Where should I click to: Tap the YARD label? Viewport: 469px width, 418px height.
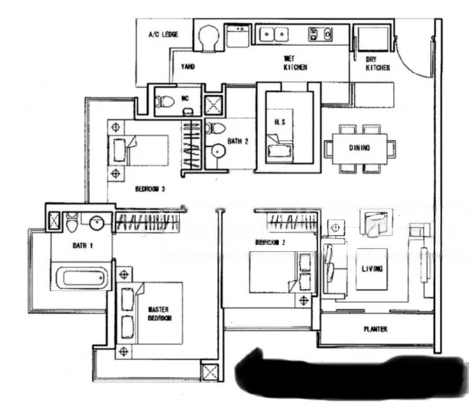click(188, 67)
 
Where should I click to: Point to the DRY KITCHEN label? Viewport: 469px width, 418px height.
click(378, 63)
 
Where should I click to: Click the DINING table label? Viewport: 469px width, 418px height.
click(360, 148)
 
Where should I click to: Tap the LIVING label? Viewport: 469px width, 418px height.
click(371, 267)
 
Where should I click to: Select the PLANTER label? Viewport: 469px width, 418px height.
click(375, 329)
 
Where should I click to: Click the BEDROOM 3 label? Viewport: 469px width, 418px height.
click(150, 188)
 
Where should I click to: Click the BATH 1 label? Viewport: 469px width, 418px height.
click(82, 245)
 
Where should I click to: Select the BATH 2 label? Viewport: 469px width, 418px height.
click(238, 141)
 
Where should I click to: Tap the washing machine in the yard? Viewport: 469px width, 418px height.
click(207, 38)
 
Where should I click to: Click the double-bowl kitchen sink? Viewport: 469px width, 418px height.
click(274, 33)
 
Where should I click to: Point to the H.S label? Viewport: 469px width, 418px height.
click(279, 122)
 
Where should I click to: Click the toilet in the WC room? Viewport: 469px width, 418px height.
click(165, 102)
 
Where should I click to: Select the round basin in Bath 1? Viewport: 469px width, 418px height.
click(97, 223)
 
